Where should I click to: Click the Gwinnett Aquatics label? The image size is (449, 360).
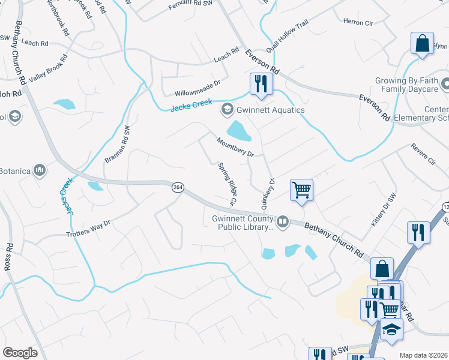(270, 110)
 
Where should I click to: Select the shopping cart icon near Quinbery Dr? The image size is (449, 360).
(301, 190)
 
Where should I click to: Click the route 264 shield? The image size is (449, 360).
(178, 188)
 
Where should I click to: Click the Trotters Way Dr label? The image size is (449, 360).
(89, 229)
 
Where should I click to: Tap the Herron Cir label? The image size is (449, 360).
(358, 23)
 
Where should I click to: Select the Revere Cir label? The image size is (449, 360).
(423, 154)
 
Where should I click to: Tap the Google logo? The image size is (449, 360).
(20, 353)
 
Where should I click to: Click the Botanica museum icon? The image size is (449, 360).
(40, 171)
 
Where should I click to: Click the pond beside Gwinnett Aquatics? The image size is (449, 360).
(238, 130)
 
